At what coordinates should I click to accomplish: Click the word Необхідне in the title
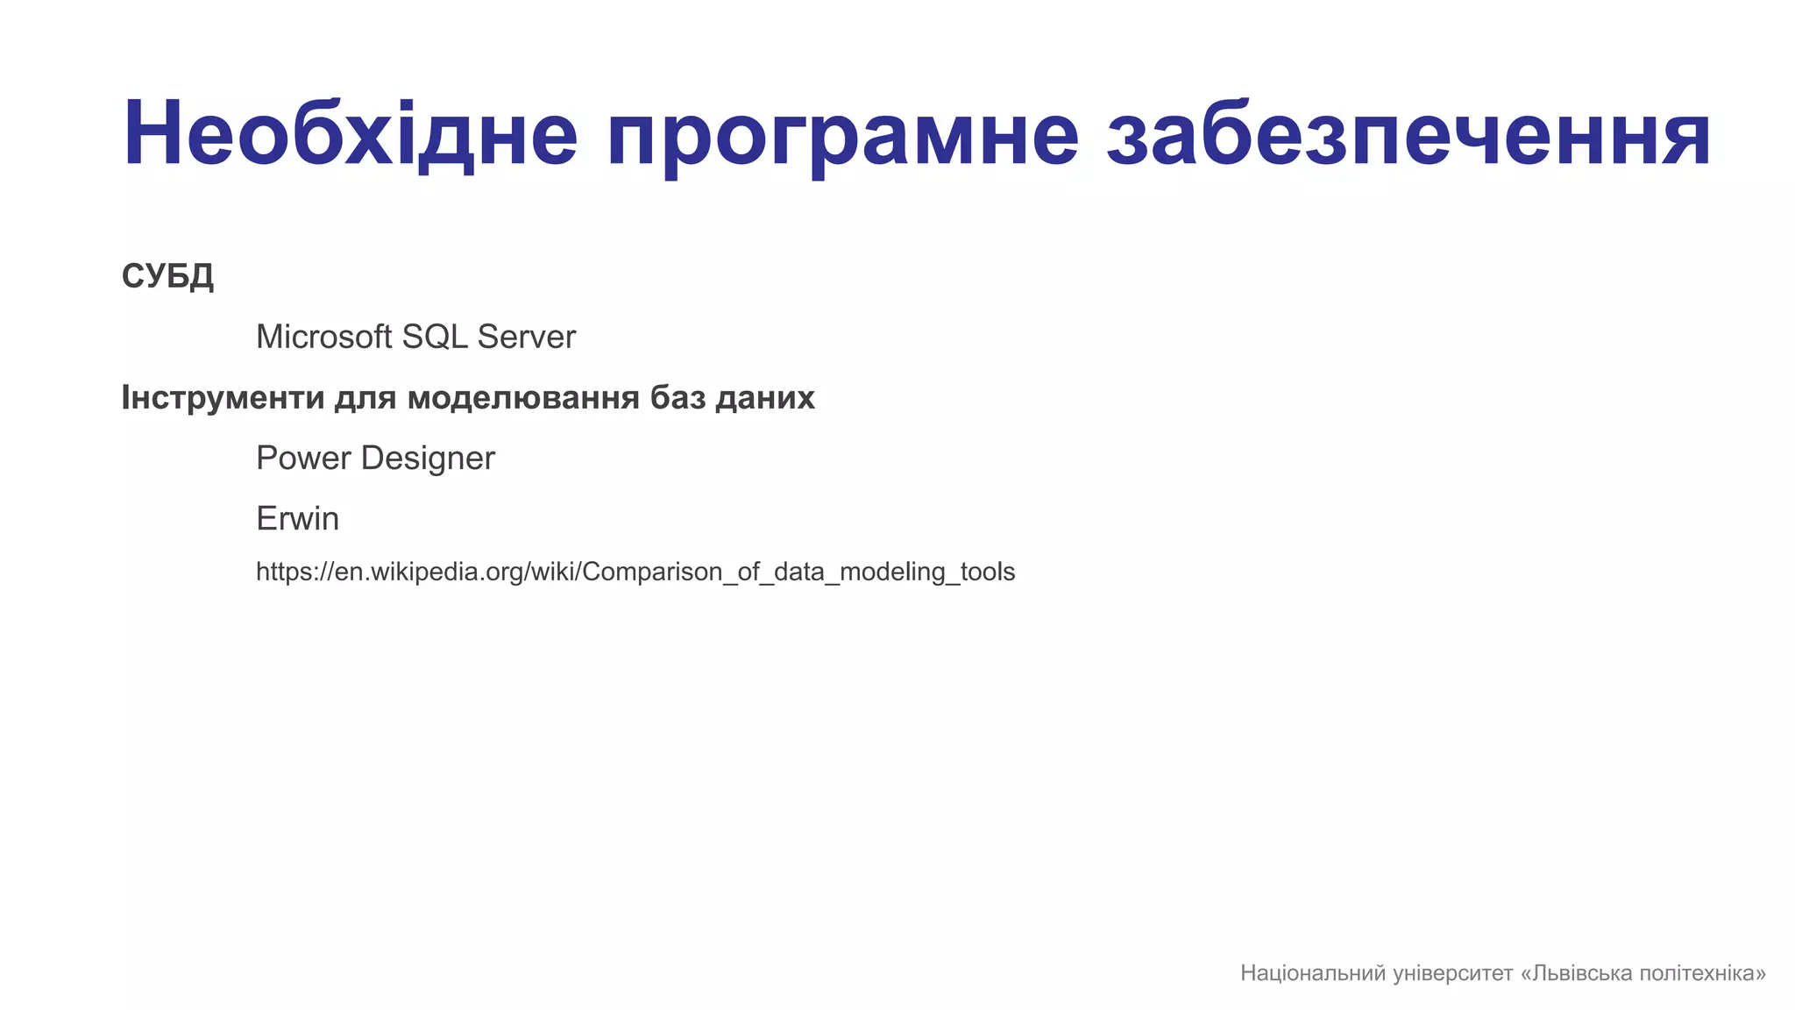pyautogui.click(x=351, y=134)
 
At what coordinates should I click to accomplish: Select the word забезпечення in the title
pyautogui.click(x=1408, y=134)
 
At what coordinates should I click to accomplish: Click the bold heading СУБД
pyautogui.click(x=167, y=277)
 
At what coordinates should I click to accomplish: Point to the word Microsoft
pyautogui.click(x=323, y=337)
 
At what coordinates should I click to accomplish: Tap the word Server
pyautogui.click(x=526, y=337)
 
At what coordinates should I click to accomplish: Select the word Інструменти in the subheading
pyautogui.click(x=223, y=398)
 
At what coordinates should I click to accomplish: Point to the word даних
pyautogui.click(x=765, y=398)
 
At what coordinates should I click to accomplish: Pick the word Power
pyautogui.click(x=303, y=458)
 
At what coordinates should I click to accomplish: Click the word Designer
pyautogui.click(x=428, y=459)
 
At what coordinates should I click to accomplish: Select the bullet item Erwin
pyautogui.click(x=297, y=518)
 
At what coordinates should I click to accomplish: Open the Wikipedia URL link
pyautogui.click(x=635, y=572)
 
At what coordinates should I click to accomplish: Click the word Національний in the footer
pyautogui.click(x=1313, y=973)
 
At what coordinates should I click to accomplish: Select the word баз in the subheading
pyautogui.click(x=678, y=398)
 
